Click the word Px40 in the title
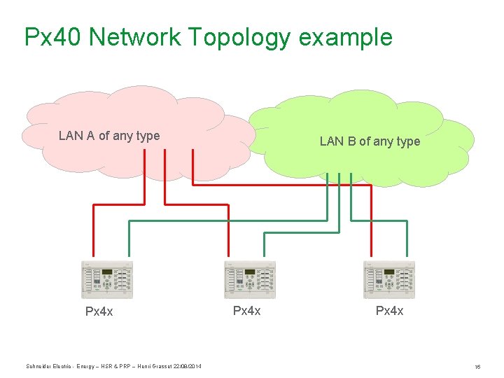(x=53, y=36)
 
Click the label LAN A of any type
(x=109, y=136)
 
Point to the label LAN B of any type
(x=370, y=141)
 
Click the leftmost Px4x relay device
(x=107, y=280)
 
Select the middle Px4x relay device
(x=249, y=280)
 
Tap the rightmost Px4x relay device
(x=389, y=280)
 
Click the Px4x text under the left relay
(x=99, y=311)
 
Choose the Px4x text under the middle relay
(x=246, y=310)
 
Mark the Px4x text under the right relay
(x=389, y=310)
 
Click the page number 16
(x=477, y=367)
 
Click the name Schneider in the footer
(x=38, y=366)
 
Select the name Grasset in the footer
(x=159, y=366)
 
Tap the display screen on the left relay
(x=107, y=272)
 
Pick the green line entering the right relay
(x=406, y=241)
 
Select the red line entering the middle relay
(x=228, y=234)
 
